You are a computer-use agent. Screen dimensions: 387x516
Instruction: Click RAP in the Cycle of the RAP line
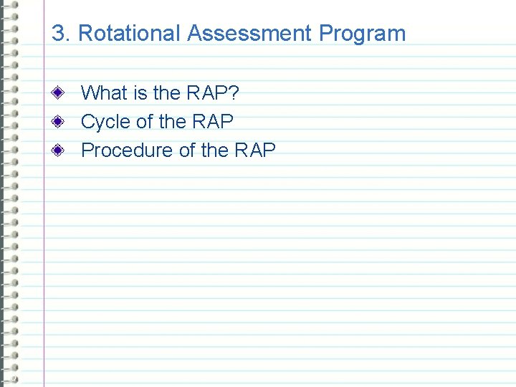click(x=213, y=122)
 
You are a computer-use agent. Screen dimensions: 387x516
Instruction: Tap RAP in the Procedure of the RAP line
click(x=255, y=150)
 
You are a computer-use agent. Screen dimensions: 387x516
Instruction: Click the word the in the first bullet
click(x=167, y=93)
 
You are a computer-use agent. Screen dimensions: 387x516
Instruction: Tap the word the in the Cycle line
click(x=173, y=122)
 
